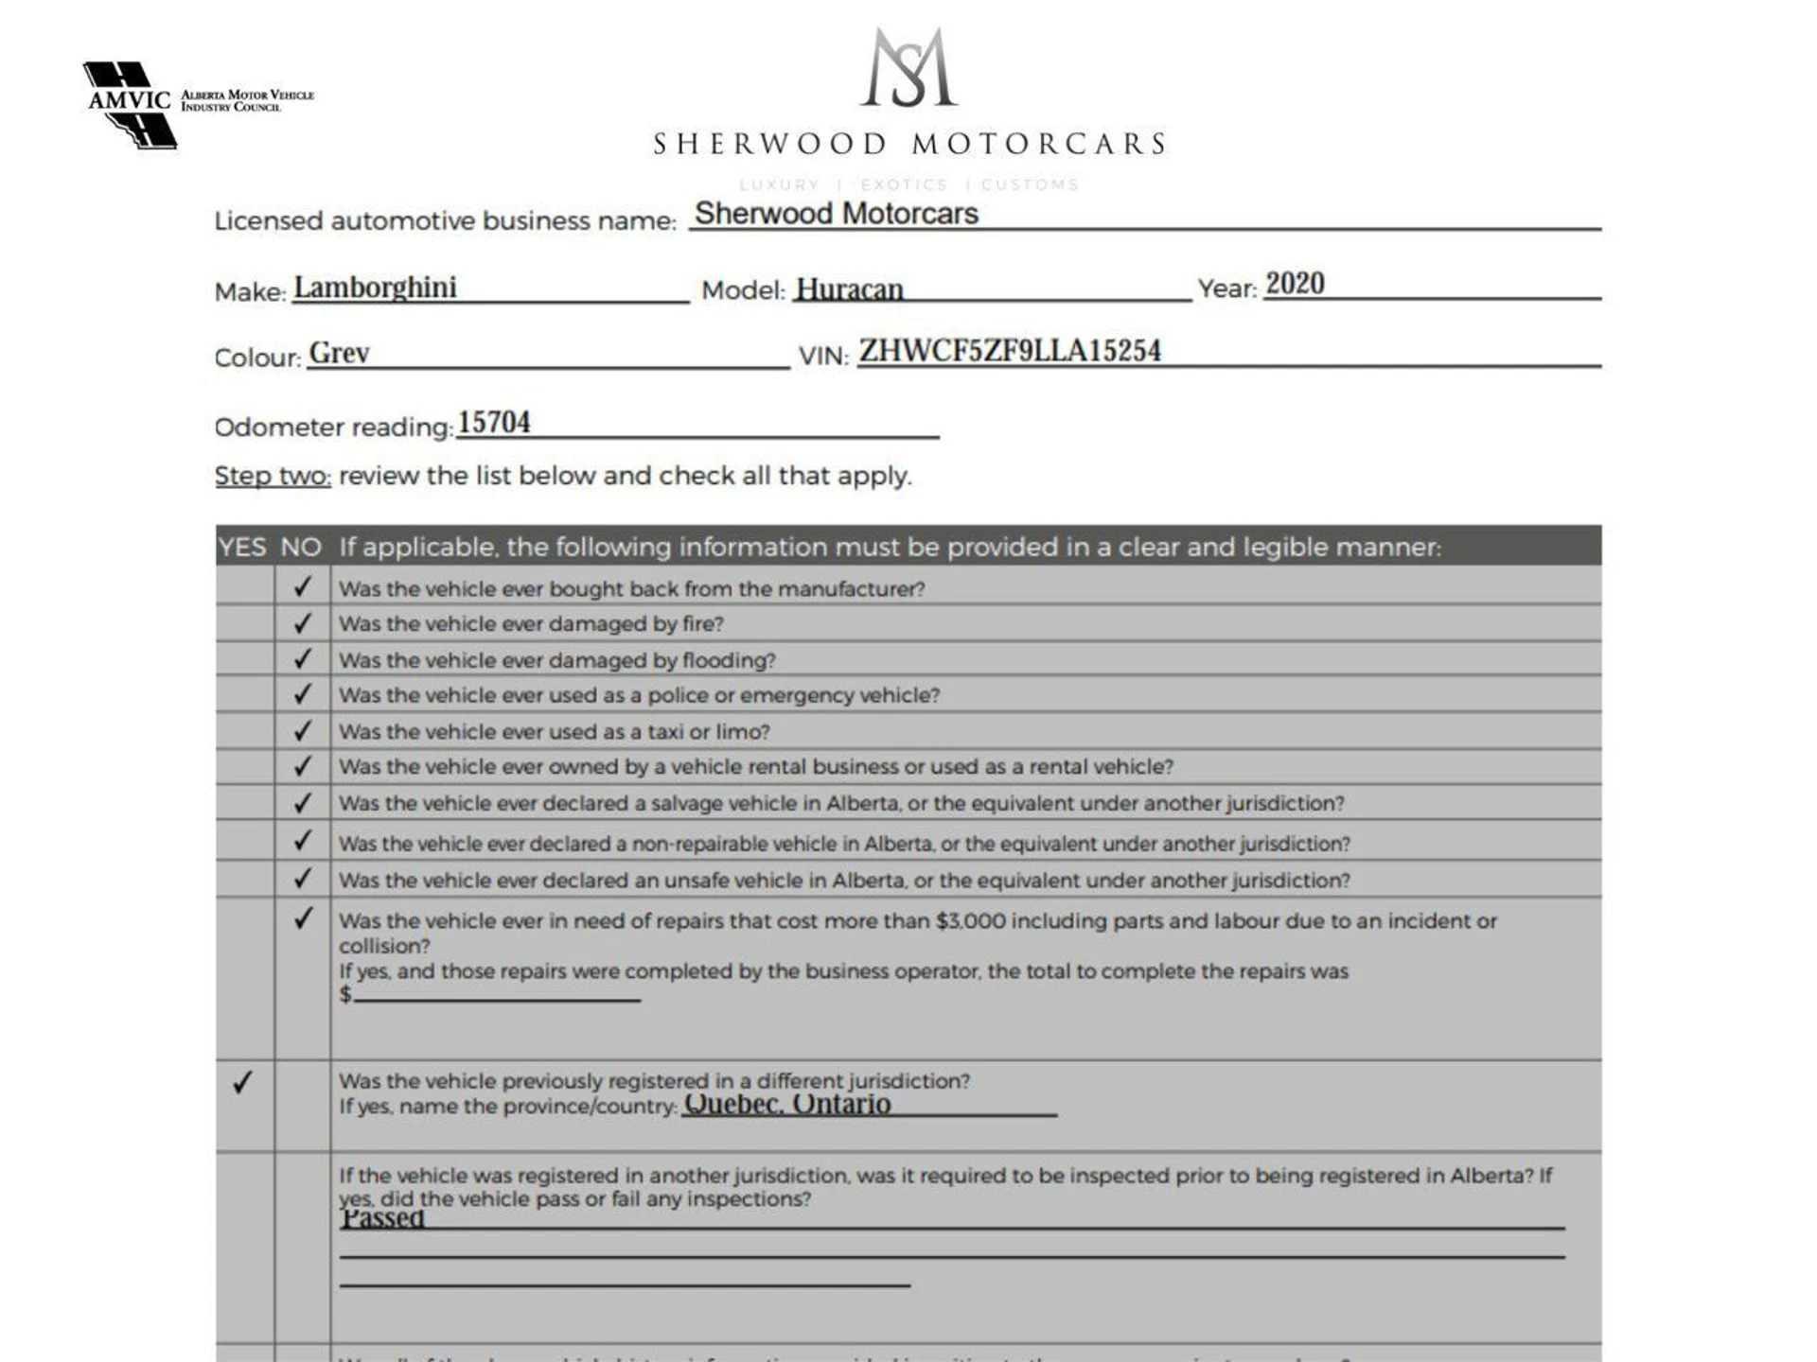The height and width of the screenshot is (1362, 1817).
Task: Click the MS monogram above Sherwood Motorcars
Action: pyautogui.click(x=908, y=67)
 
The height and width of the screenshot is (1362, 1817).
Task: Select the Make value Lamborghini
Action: pyautogui.click(x=375, y=287)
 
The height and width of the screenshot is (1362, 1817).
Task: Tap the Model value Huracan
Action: pyautogui.click(x=849, y=288)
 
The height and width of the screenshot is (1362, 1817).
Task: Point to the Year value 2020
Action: pyautogui.click(x=1295, y=284)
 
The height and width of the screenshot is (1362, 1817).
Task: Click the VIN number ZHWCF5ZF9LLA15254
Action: pyautogui.click(x=1009, y=351)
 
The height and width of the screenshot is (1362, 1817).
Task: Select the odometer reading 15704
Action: pyautogui.click(x=494, y=422)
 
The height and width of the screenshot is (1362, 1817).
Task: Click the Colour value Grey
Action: pyautogui.click(x=339, y=353)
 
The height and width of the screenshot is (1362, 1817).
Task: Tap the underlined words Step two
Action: pyautogui.click(x=273, y=475)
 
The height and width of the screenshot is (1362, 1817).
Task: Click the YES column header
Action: pyautogui.click(x=242, y=547)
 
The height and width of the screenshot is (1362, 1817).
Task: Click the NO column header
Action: pyautogui.click(x=301, y=547)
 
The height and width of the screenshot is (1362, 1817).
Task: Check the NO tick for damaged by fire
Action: pyautogui.click(x=302, y=623)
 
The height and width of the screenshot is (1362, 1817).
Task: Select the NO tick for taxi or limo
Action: pyautogui.click(x=302, y=730)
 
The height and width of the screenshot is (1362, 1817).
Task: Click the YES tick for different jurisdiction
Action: pyautogui.click(x=242, y=1081)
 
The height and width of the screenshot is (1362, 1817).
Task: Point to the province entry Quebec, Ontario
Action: pyautogui.click(x=787, y=1104)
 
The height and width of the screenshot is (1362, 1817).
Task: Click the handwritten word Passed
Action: pyautogui.click(x=382, y=1218)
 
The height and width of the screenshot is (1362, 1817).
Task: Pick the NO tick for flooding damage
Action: pyautogui.click(x=302, y=658)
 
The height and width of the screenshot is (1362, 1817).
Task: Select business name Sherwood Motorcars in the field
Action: pyautogui.click(x=837, y=214)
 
